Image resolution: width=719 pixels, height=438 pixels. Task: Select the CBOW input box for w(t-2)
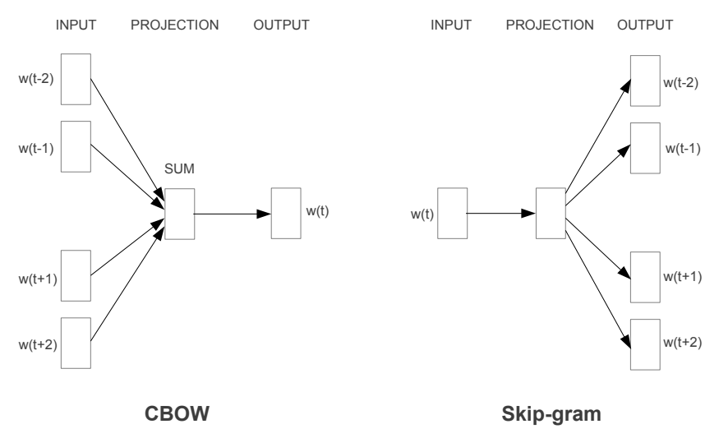point(76,80)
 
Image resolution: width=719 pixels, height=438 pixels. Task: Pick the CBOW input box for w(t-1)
point(76,146)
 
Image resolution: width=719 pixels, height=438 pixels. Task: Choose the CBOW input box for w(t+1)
point(76,275)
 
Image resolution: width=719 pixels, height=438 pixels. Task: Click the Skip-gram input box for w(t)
point(452,214)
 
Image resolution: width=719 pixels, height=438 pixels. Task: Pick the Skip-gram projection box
point(550,214)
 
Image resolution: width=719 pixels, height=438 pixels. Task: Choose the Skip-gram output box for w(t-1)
point(645,148)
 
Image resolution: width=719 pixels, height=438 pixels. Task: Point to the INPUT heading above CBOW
point(76,25)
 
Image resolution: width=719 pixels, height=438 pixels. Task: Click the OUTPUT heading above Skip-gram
point(645,25)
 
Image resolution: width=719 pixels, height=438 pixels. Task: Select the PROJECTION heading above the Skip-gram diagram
point(550,25)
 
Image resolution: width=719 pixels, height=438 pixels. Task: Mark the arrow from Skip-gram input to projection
point(501,214)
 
